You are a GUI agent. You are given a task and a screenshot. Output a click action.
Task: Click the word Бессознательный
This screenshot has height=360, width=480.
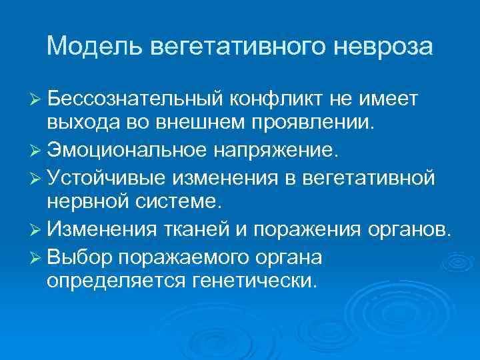[x=134, y=99]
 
